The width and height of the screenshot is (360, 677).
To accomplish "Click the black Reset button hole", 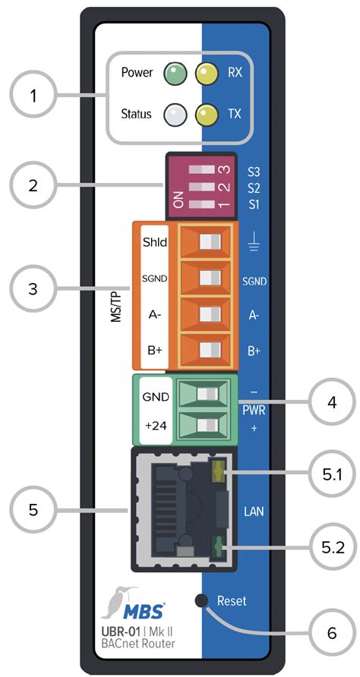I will (202, 602).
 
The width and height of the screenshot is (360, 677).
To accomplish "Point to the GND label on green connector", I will (154, 397).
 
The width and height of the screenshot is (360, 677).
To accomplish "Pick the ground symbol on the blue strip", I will (254, 244).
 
